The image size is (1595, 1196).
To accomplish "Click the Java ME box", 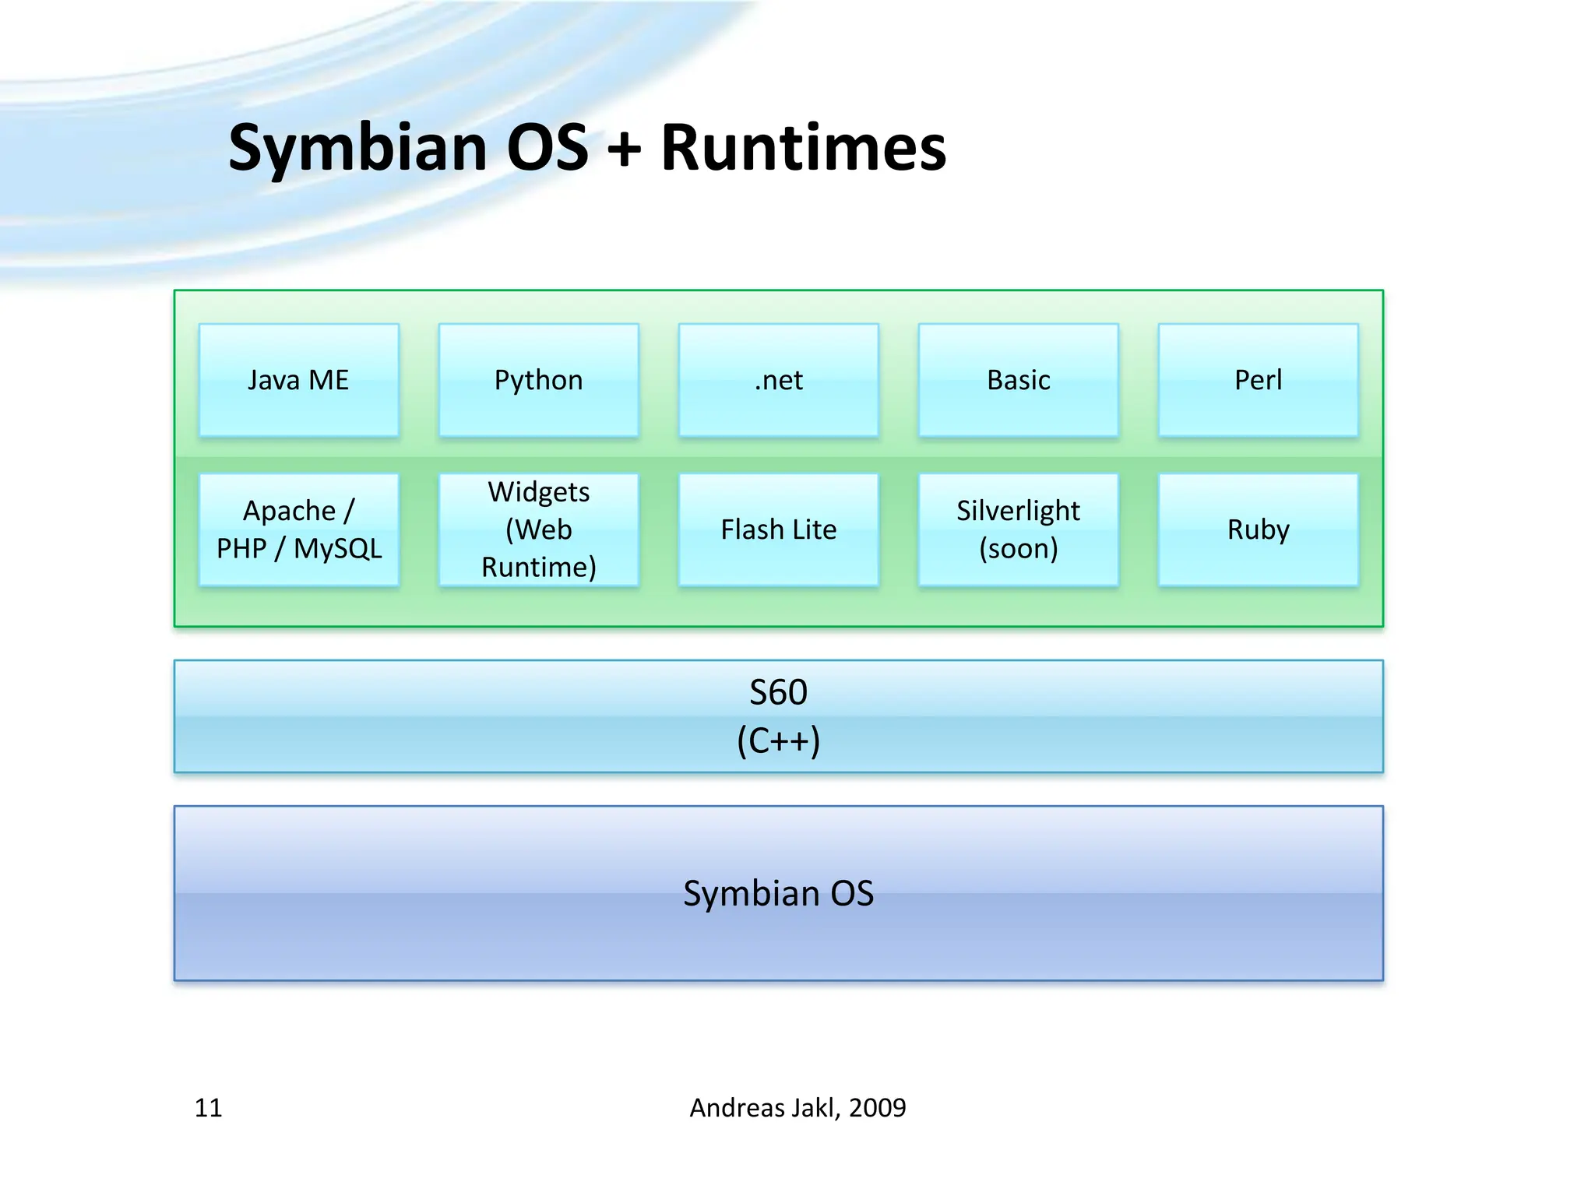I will click(x=299, y=380).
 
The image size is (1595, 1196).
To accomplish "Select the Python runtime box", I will click(x=539, y=380).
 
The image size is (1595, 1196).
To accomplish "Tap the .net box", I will click(x=779, y=380).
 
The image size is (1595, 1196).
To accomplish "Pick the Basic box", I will click(x=1019, y=380).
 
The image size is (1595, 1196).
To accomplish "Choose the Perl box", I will click(x=1259, y=380).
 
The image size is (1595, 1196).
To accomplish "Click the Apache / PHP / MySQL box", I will click(x=299, y=529).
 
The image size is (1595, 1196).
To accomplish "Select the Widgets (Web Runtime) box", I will click(x=539, y=529).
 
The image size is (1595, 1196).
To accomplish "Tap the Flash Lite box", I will click(x=779, y=529).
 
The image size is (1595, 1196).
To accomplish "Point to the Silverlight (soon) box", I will click(x=1019, y=529).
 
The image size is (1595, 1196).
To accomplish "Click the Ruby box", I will click(x=1259, y=529).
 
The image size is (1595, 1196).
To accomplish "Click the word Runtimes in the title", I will click(x=804, y=148).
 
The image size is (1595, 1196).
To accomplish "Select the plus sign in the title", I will click(x=625, y=149).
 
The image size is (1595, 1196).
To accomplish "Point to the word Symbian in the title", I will click(x=358, y=148).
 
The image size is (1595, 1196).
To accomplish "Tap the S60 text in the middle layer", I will click(x=779, y=692).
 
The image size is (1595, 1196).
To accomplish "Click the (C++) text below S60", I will click(x=779, y=740).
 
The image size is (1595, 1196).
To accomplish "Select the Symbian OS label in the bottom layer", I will click(x=779, y=893).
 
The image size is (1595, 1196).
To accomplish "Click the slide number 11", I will click(x=208, y=1107).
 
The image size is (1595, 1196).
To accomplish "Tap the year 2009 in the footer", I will click(x=878, y=1107).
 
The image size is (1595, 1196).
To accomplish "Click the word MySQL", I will click(x=338, y=549).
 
